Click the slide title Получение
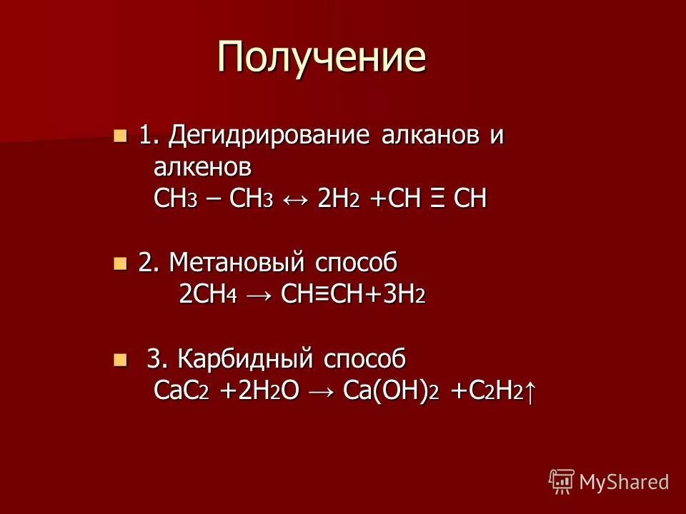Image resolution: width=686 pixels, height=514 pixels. click(322, 57)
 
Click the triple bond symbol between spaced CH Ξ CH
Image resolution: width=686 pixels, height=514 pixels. click(434, 200)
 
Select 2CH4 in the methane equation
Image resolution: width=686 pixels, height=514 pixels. click(207, 296)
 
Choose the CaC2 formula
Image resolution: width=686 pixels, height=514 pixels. click(182, 391)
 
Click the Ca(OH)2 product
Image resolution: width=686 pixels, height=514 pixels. click(390, 391)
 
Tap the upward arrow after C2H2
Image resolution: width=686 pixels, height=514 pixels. click(530, 391)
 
